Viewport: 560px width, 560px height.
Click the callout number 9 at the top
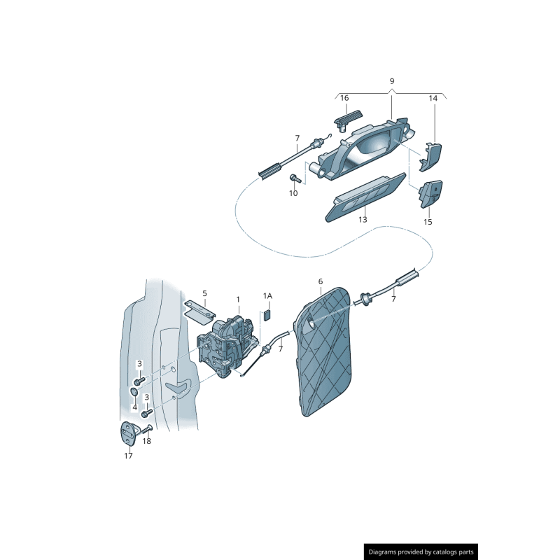click(x=391, y=81)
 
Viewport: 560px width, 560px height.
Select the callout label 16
click(x=344, y=99)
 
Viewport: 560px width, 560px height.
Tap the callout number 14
click(x=433, y=99)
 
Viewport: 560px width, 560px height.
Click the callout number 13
click(x=363, y=220)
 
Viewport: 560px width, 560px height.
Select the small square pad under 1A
click(x=267, y=315)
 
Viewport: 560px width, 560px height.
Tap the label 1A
click(x=267, y=296)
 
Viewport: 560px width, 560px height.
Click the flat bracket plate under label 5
click(x=199, y=311)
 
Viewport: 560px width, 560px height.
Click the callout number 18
click(x=146, y=441)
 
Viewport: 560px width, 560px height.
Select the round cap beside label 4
click(x=134, y=392)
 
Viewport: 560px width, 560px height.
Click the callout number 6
click(x=320, y=281)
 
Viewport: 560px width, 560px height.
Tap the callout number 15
click(x=428, y=222)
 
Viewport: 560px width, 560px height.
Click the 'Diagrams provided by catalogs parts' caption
click(x=421, y=552)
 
